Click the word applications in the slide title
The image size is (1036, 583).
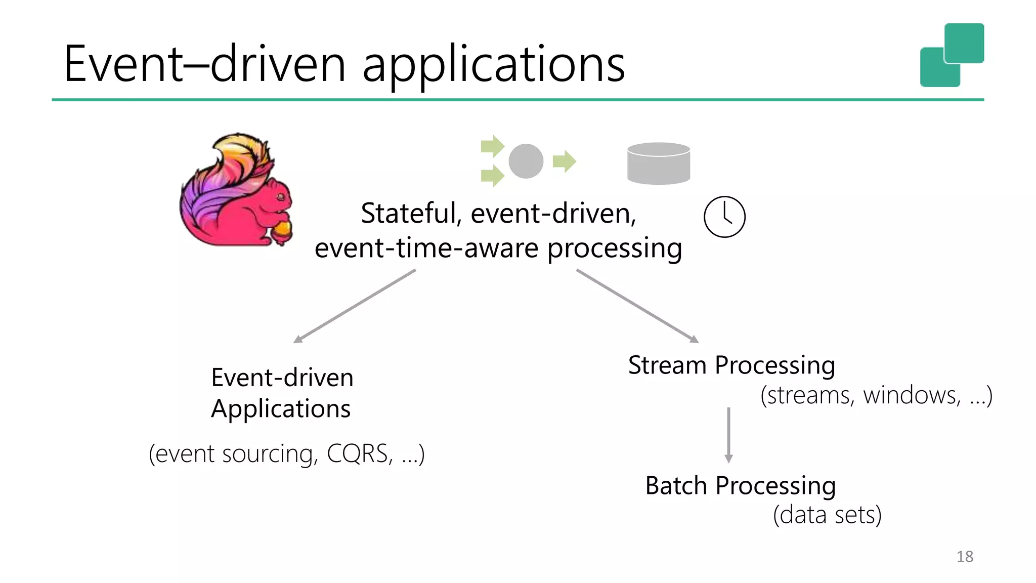[x=494, y=66]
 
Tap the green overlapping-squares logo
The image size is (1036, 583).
[x=952, y=55]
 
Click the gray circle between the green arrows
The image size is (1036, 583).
[x=526, y=161]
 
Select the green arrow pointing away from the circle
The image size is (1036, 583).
[x=564, y=161]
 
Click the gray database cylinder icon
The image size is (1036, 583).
[x=658, y=163]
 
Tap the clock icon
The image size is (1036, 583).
[x=724, y=217]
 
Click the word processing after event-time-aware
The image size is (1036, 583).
[x=614, y=248]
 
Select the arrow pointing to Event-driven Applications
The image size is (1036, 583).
[x=354, y=306]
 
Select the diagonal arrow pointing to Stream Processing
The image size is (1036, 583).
[x=637, y=306]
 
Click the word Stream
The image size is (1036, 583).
[x=667, y=365]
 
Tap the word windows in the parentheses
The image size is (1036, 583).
[x=911, y=395]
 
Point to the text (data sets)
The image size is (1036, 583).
[x=827, y=515]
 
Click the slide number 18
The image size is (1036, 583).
[x=964, y=556]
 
